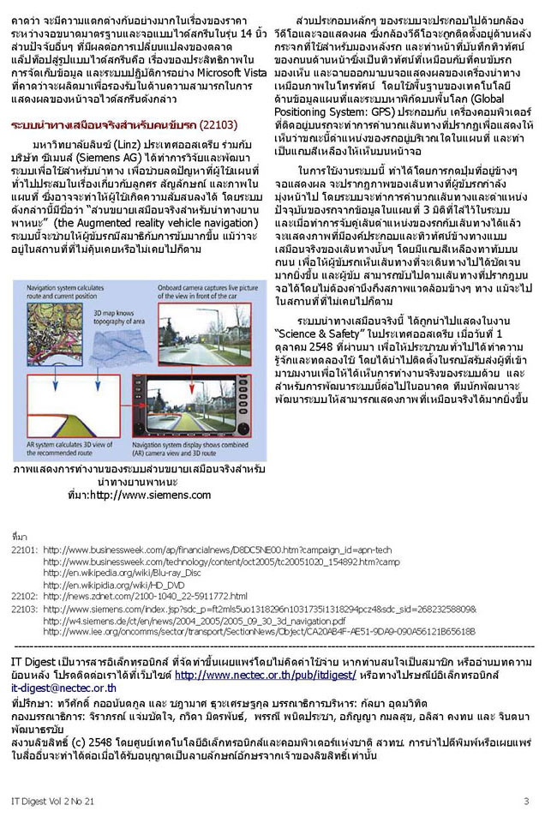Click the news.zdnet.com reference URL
tap(146, 596)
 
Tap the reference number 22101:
tap(24, 549)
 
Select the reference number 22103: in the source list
tap(24, 608)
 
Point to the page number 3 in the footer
tap(526, 801)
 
